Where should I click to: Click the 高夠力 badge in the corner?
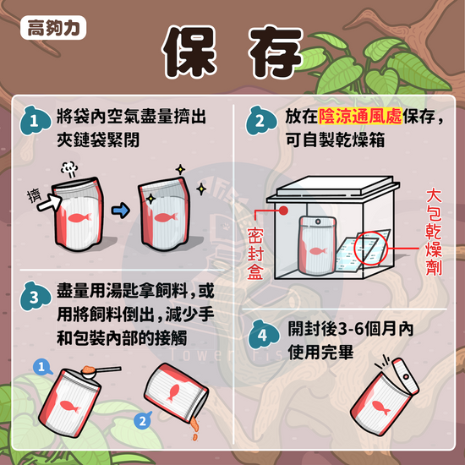point(53,28)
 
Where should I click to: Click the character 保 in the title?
point(189,51)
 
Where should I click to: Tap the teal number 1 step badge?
point(35,121)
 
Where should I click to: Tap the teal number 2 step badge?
point(260,121)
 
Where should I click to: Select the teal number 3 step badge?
point(35,297)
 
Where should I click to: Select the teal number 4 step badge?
point(263,335)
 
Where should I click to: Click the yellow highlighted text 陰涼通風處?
point(360,116)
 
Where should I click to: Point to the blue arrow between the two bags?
point(121,211)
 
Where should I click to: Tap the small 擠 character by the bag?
point(34,196)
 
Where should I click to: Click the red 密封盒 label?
point(255,254)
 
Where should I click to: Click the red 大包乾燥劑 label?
point(434,232)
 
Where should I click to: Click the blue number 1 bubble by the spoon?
point(42,367)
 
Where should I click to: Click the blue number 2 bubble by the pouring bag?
point(143,421)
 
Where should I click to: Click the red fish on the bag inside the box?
point(318,251)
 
